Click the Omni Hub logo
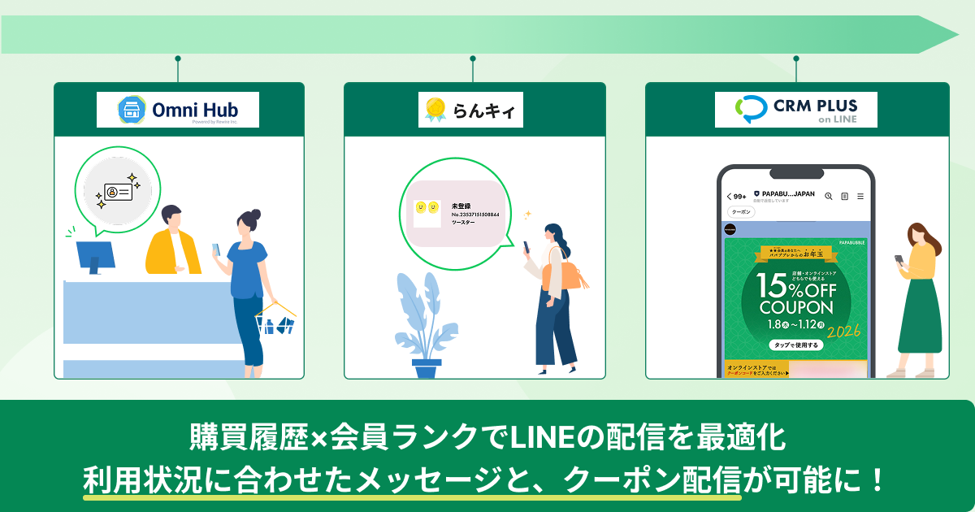[x=178, y=110]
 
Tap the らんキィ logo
[x=471, y=110]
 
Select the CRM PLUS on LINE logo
[x=796, y=110]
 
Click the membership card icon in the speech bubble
[x=118, y=191]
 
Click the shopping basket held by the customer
[x=274, y=323]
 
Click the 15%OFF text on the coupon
[x=796, y=285]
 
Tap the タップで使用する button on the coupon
[x=795, y=345]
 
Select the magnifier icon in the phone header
[x=828, y=196]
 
